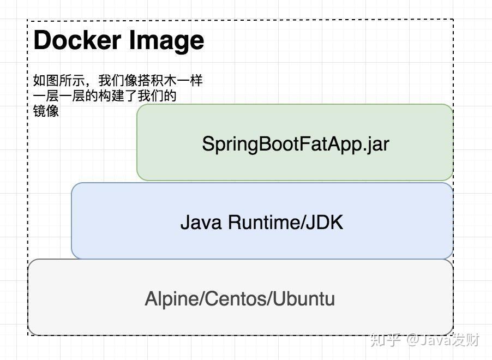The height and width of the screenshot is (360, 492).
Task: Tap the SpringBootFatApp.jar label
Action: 295,144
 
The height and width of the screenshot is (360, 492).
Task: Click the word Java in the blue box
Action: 202,223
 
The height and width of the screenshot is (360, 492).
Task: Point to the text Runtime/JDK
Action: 285,223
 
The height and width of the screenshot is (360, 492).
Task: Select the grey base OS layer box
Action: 240,322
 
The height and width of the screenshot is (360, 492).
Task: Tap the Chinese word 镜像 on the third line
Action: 46,111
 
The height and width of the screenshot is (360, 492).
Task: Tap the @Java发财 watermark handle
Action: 442,340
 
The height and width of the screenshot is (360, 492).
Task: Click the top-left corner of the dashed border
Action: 28,20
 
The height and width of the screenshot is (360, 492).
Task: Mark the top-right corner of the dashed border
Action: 453,20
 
